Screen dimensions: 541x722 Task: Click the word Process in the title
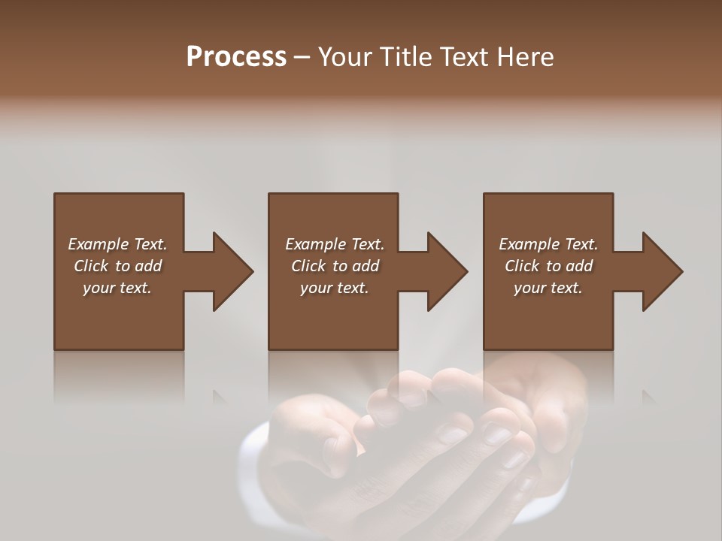[x=236, y=57]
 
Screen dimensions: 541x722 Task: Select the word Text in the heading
[x=463, y=57]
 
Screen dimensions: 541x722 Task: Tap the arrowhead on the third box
[x=662, y=271]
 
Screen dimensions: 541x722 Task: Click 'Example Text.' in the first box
[x=117, y=244]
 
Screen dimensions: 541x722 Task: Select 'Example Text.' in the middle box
[x=335, y=244]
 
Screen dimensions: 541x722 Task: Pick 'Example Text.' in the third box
[x=548, y=244]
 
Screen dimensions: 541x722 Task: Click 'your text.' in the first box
[x=117, y=288]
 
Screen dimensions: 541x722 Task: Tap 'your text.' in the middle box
[x=335, y=288]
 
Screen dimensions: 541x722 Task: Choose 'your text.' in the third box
[x=548, y=288]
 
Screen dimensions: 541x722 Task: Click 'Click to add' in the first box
[x=117, y=266]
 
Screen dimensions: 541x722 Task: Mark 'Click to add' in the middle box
[x=335, y=266]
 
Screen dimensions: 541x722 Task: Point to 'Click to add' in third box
[x=548, y=266]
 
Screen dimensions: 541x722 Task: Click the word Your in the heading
[x=342, y=57]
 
